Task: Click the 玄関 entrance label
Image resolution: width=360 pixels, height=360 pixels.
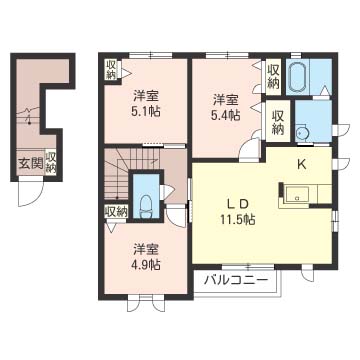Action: click(x=31, y=164)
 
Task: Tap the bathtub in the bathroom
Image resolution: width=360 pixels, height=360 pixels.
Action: click(x=298, y=77)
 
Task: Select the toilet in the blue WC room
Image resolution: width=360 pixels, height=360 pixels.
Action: click(x=146, y=207)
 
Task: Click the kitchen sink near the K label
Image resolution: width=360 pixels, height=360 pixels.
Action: click(x=297, y=194)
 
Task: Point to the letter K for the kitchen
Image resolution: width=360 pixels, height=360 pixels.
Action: click(x=302, y=164)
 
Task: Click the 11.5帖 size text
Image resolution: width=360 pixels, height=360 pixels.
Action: click(x=238, y=219)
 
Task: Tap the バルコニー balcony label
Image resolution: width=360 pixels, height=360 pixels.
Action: click(x=236, y=279)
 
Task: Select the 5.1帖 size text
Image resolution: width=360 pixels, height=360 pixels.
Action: click(x=146, y=111)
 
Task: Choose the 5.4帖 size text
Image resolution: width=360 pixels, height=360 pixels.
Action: click(x=225, y=114)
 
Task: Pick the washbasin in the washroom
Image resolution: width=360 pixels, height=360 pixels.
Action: click(x=302, y=133)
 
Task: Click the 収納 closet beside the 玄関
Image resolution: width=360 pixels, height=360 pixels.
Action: click(x=50, y=162)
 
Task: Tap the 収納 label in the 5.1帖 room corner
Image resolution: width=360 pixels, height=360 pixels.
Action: click(x=110, y=70)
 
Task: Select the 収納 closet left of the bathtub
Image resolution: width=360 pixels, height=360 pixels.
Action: click(x=273, y=77)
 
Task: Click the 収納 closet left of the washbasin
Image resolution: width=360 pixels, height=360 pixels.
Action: click(x=277, y=122)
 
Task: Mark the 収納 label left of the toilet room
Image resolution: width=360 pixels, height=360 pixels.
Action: click(x=116, y=212)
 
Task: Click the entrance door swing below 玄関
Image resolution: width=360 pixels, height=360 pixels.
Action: click(x=31, y=191)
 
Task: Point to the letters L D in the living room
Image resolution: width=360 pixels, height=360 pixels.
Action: click(x=237, y=204)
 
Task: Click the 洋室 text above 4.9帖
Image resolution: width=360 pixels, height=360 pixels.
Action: click(x=146, y=249)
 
